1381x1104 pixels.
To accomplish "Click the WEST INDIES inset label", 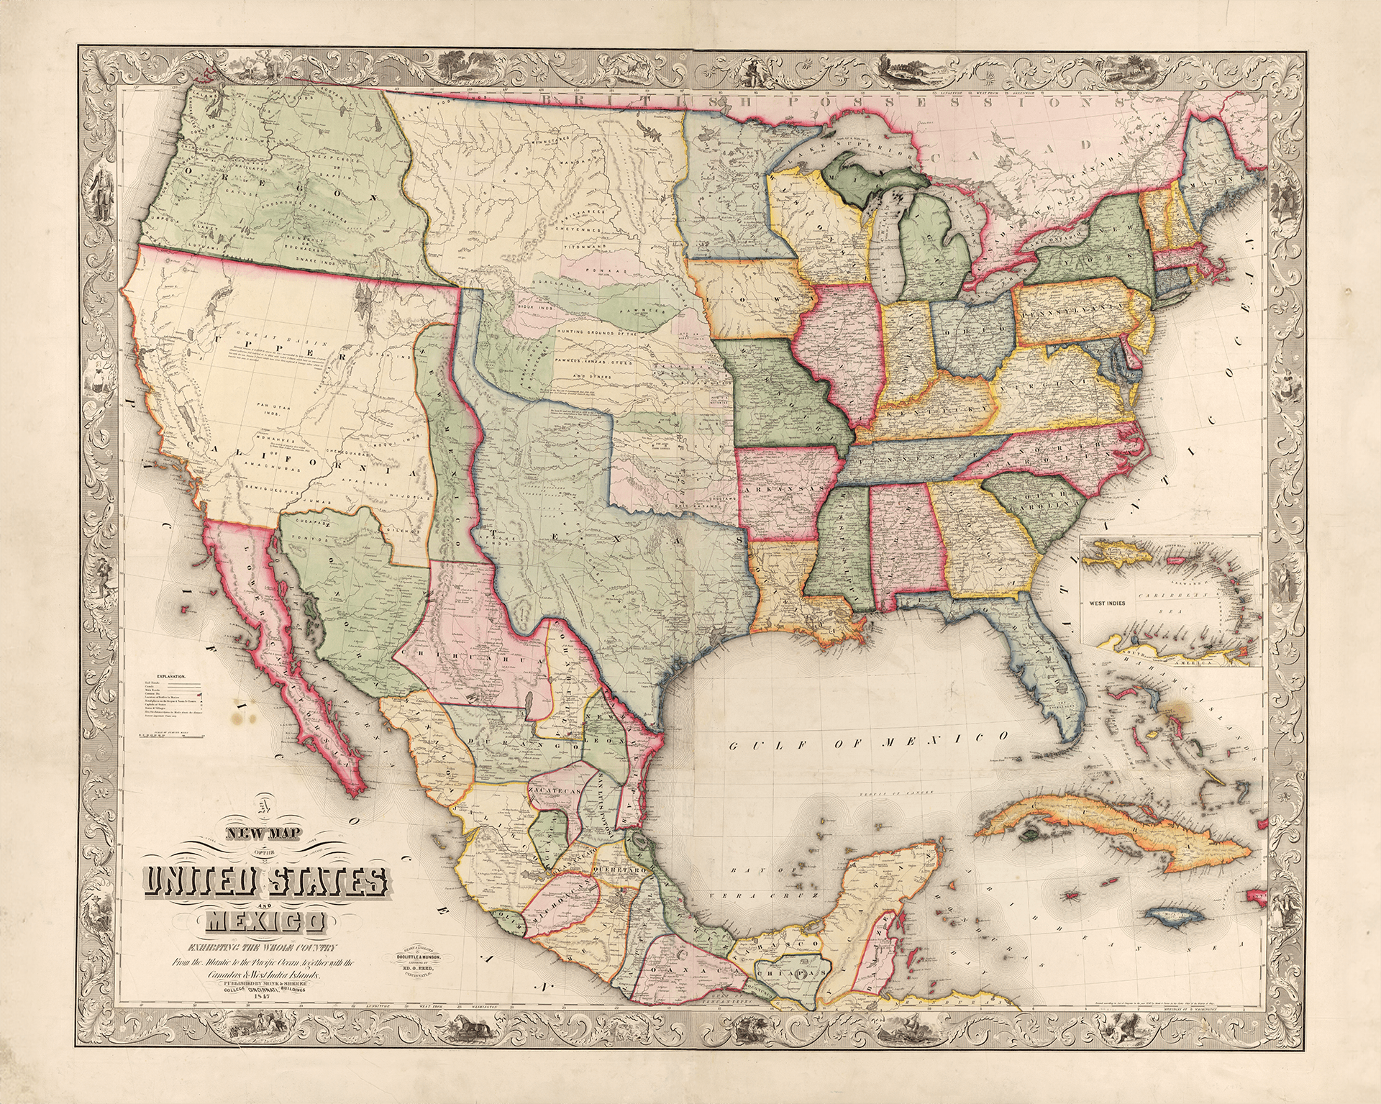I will (x=1108, y=603).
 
